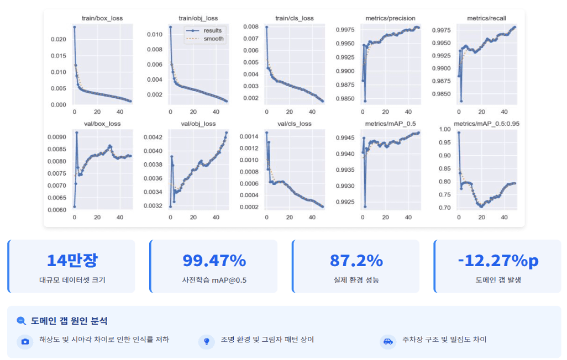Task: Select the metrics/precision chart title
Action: point(390,18)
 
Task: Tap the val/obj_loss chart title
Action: point(199,124)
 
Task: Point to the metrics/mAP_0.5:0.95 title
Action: point(486,124)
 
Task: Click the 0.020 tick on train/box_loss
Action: point(58,40)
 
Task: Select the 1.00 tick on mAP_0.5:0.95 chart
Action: point(444,130)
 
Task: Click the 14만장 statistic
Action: point(72,261)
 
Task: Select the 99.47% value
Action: point(214,261)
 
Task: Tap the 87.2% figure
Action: point(356,261)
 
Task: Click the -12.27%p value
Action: point(498,261)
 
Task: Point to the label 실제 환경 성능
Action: point(356,280)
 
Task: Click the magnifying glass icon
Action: point(22,321)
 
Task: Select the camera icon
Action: point(25,342)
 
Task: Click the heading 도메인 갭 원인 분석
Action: point(69,321)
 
